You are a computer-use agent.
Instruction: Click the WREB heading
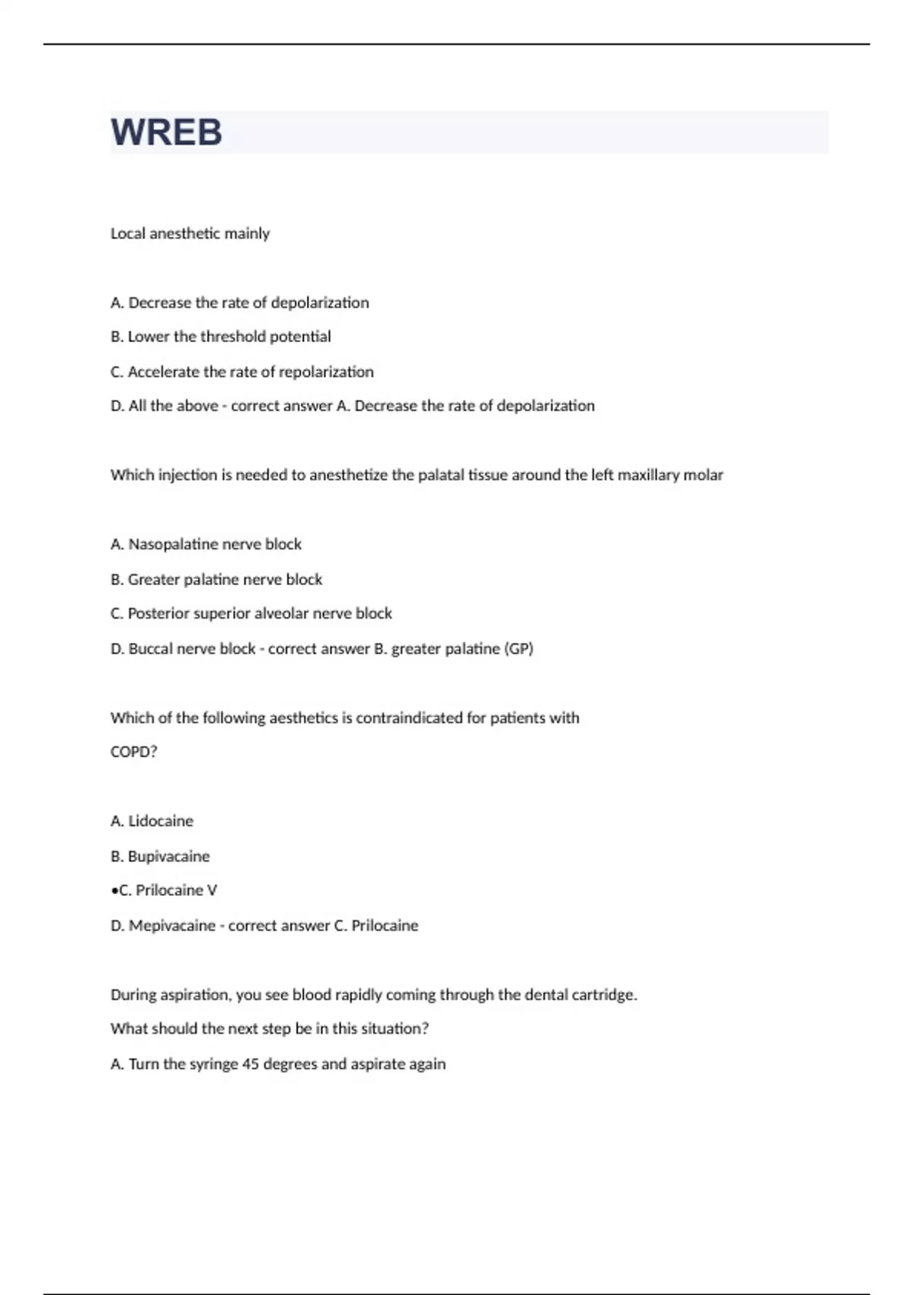coord(167,133)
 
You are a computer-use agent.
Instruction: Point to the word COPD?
coord(134,752)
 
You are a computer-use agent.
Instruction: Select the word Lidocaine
coord(161,821)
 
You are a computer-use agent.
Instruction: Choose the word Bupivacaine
coord(168,856)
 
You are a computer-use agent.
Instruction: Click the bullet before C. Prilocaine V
coord(114,891)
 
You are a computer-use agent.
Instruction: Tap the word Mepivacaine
coord(172,926)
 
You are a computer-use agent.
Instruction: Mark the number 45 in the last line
coord(251,1064)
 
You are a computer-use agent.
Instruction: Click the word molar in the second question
coord(703,475)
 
